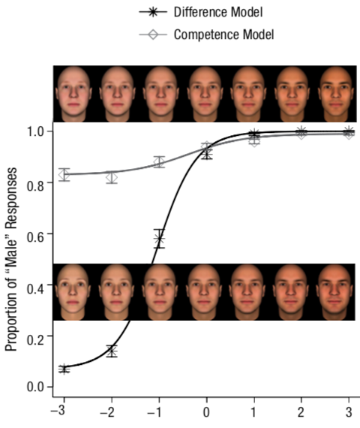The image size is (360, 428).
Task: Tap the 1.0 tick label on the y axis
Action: coord(32,131)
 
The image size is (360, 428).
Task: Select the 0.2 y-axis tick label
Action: coord(32,336)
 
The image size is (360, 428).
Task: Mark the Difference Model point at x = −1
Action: coord(159,240)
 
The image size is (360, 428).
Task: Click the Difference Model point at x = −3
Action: coord(64,369)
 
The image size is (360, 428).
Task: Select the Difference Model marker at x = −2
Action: coord(112,351)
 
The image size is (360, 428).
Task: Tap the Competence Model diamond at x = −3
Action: coord(64,175)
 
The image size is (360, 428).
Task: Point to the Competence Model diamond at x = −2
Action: coord(112,177)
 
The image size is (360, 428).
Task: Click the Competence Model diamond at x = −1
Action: coord(159,161)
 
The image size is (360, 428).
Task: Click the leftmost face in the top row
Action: coord(72,94)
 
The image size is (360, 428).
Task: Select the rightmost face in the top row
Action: coord(334,94)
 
